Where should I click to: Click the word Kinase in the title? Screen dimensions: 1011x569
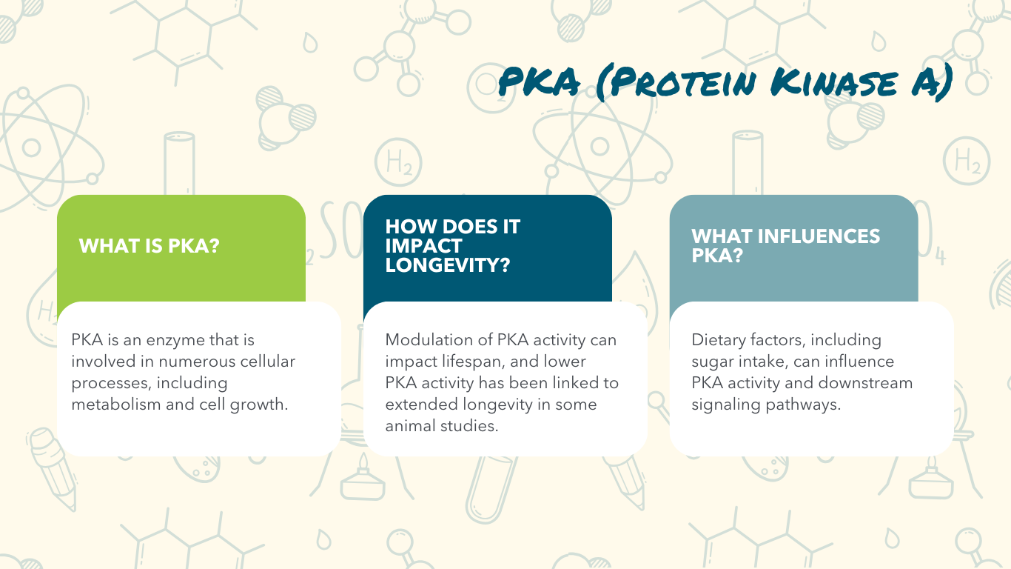pos(833,83)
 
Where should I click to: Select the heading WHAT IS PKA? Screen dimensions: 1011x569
pos(149,246)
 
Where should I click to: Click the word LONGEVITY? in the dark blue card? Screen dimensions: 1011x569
pos(447,264)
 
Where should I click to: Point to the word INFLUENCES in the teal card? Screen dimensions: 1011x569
pos(819,236)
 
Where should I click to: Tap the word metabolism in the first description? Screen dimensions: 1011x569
pos(116,404)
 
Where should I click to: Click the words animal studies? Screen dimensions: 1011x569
pos(441,426)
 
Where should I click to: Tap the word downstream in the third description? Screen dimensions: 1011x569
pos(865,383)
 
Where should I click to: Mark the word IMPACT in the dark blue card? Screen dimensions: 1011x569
pos(423,246)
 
